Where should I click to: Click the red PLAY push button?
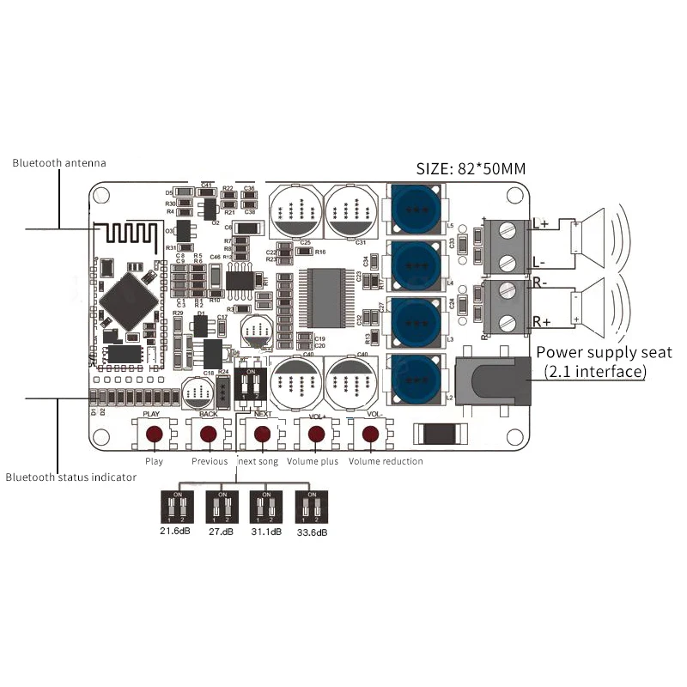[x=154, y=435]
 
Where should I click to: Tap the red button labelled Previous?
[x=209, y=435]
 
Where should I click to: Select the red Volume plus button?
[x=315, y=435]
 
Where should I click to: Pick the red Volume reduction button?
[x=370, y=435]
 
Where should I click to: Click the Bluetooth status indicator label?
[x=70, y=477]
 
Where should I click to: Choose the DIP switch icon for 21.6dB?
[x=177, y=508]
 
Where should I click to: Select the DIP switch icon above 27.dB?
[x=222, y=508]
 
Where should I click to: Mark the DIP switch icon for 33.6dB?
[x=310, y=508]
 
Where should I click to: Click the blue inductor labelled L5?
[x=417, y=210]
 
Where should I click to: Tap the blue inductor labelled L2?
[x=417, y=378]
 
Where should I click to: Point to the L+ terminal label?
[x=542, y=224]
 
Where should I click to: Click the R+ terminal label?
[x=542, y=322]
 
